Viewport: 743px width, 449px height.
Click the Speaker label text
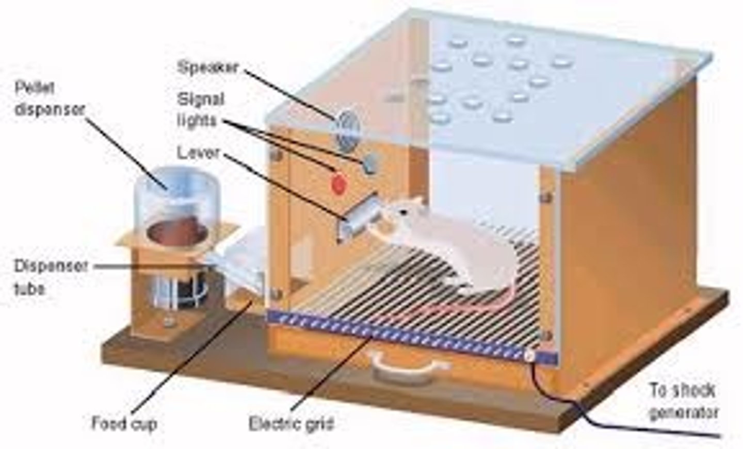[207, 67]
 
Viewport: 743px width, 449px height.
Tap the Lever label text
[198, 153]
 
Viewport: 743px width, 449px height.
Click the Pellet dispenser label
[49, 98]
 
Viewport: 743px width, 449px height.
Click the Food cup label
[124, 424]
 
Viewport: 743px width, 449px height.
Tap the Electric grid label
[292, 424]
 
